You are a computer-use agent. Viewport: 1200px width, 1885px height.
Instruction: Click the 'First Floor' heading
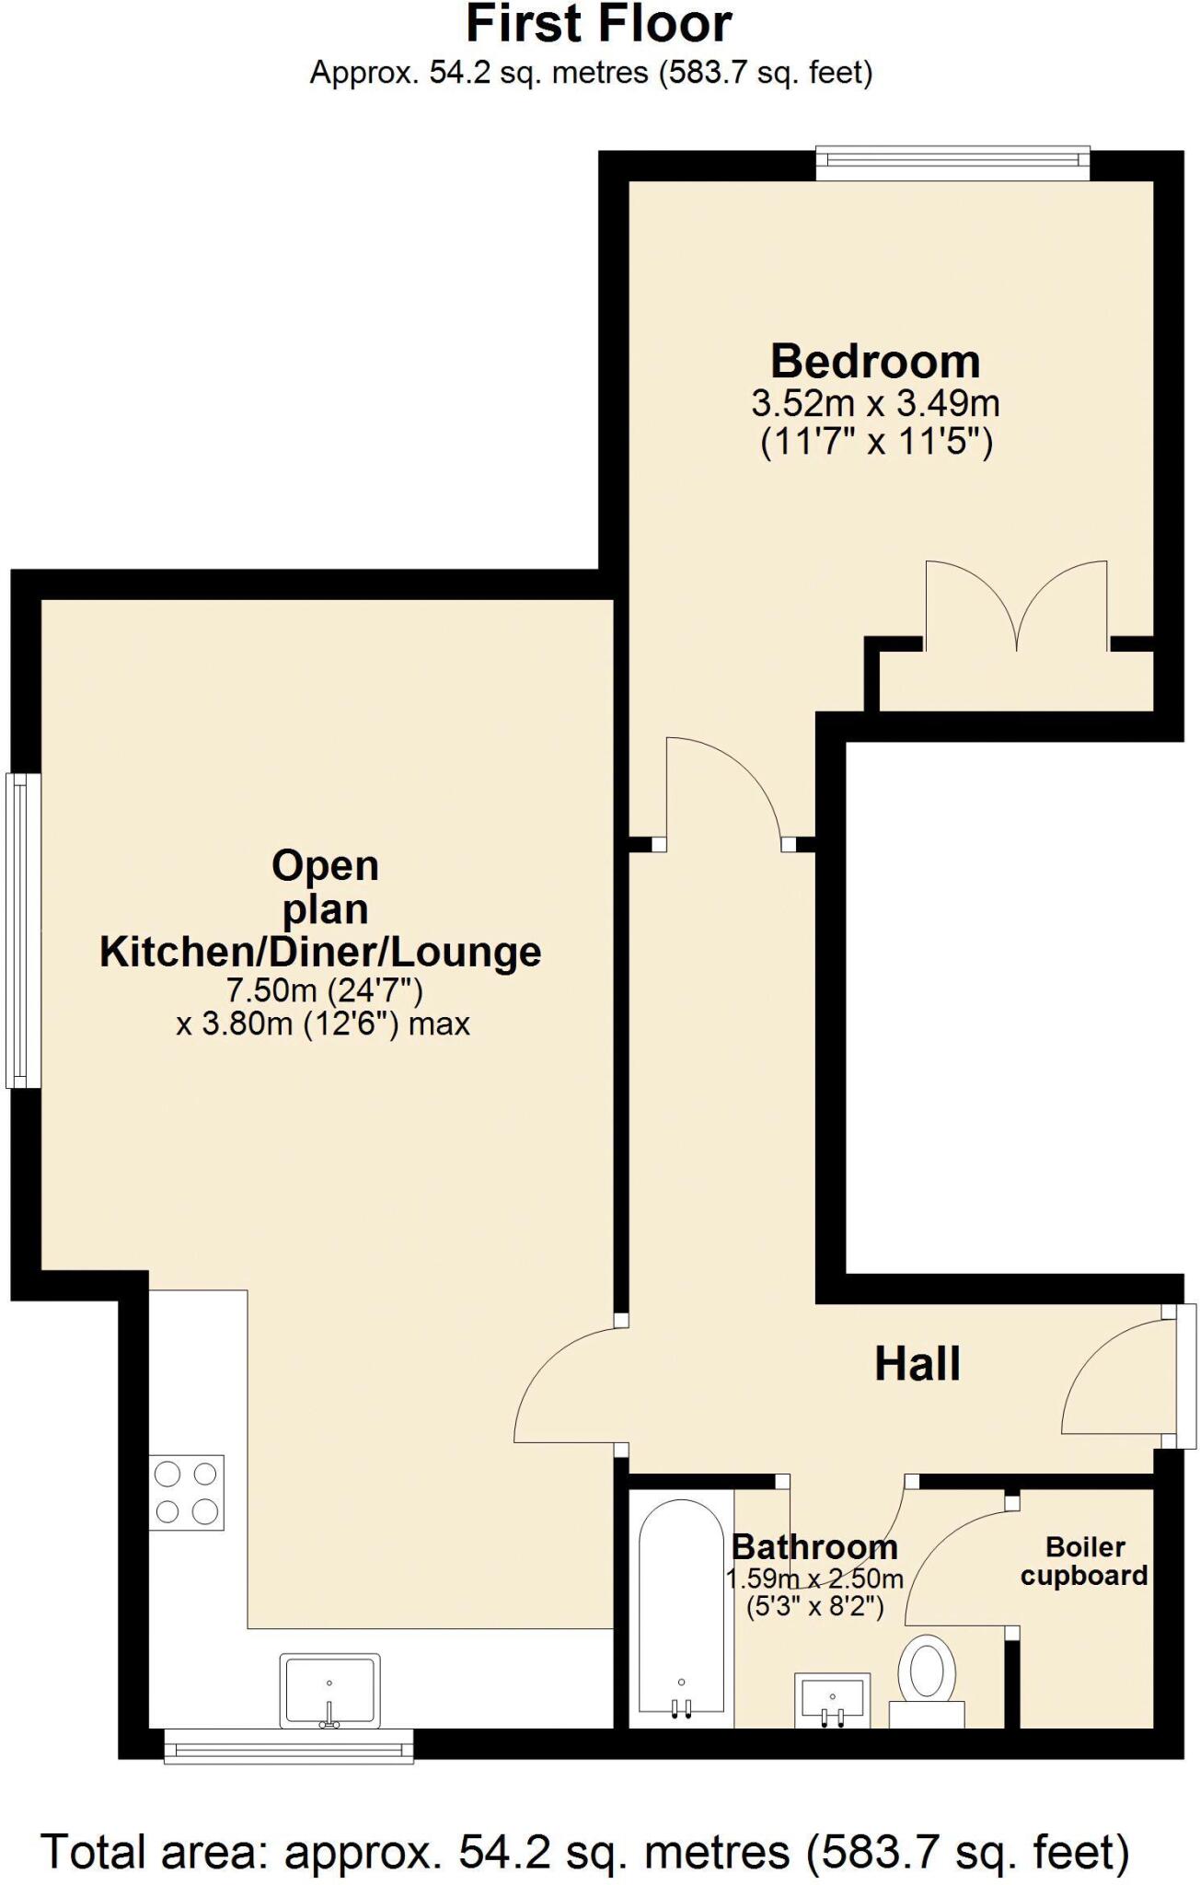point(599,25)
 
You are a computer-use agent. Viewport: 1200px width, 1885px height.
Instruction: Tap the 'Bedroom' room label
point(875,362)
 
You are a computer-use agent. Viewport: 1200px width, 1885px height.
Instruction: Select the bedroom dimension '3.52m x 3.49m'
point(875,403)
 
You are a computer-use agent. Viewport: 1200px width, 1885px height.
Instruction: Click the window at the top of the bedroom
point(952,160)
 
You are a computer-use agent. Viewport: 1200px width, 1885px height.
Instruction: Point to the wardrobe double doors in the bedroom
point(1016,607)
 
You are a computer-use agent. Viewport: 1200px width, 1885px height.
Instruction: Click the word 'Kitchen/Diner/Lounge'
point(320,952)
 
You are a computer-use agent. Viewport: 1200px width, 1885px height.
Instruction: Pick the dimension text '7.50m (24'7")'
point(324,990)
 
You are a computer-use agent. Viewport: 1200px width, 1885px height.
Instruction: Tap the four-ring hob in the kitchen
point(187,1492)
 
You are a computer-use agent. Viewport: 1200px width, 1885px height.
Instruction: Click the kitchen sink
point(329,1690)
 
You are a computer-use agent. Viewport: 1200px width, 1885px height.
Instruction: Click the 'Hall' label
point(917,1364)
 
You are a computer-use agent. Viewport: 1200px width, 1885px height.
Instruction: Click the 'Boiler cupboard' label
point(1084,1561)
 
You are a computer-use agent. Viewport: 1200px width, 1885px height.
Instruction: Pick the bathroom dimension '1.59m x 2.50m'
point(814,1579)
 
